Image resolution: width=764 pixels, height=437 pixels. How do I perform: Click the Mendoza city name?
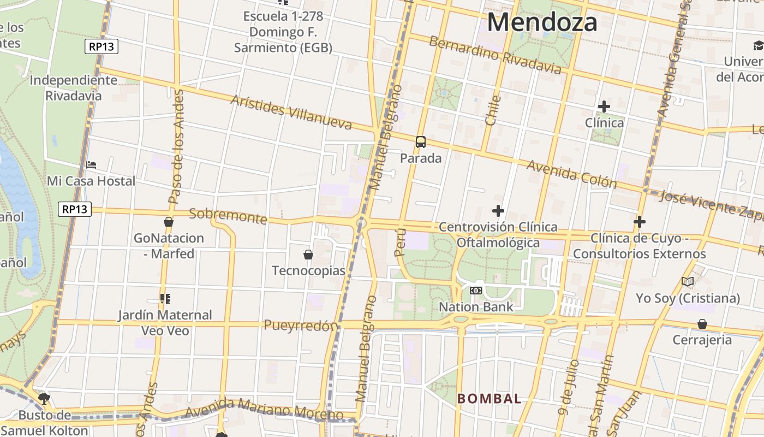542,22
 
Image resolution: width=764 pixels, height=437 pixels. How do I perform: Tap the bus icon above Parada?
421,142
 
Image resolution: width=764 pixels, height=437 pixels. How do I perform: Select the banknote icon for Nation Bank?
476,291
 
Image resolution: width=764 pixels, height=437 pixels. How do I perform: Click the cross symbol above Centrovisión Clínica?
498,210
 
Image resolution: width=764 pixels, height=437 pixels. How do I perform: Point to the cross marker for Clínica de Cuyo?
640,222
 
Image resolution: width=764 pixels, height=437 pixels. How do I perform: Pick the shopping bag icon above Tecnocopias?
308,255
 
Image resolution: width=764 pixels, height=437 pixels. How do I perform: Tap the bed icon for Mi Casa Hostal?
91,164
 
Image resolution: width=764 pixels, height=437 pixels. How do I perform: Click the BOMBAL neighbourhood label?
489,399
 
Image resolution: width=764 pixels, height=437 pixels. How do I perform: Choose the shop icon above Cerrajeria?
702,324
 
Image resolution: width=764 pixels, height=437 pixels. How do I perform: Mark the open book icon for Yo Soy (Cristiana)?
688,282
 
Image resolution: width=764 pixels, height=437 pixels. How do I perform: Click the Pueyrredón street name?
301,326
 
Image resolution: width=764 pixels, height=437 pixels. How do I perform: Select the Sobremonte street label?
228,216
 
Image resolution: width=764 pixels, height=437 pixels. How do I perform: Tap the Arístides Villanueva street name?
291,113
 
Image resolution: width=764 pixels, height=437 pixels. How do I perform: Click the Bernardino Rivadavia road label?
495,55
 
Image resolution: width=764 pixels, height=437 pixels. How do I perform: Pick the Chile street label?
493,110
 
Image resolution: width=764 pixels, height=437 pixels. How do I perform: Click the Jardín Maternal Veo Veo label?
165,323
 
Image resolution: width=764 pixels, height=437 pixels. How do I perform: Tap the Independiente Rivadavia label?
73,88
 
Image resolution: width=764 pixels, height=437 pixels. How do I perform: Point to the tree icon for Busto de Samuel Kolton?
44,398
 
